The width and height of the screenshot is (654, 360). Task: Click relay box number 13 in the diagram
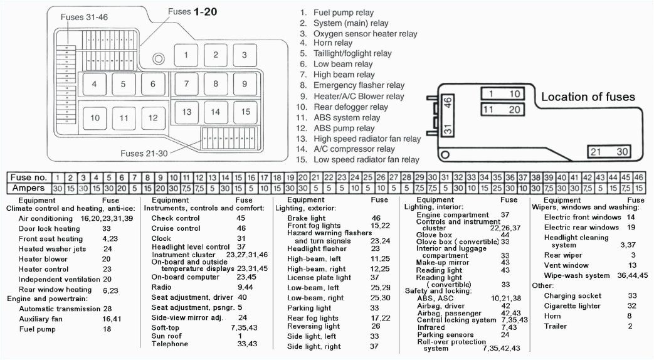tap(186, 112)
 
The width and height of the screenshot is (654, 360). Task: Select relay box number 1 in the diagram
tap(186, 55)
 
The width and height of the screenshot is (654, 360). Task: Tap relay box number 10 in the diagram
tap(95, 118)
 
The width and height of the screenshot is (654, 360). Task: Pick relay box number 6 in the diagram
tap(152, 84)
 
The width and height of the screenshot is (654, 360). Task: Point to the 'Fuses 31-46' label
tap(83, 17)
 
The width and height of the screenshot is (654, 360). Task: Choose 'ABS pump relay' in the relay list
tap(344, 128)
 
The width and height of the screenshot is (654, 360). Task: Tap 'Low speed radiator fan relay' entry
tap(366, 160)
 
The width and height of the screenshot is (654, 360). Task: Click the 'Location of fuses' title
tap(588, 97)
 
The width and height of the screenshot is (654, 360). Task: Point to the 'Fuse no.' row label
tap(29, 177)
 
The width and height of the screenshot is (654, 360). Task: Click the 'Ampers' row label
tap(29, 188)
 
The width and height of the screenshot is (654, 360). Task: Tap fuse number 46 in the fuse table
tap(638, 177)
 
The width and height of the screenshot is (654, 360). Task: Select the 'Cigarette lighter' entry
tap(572, 305)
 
